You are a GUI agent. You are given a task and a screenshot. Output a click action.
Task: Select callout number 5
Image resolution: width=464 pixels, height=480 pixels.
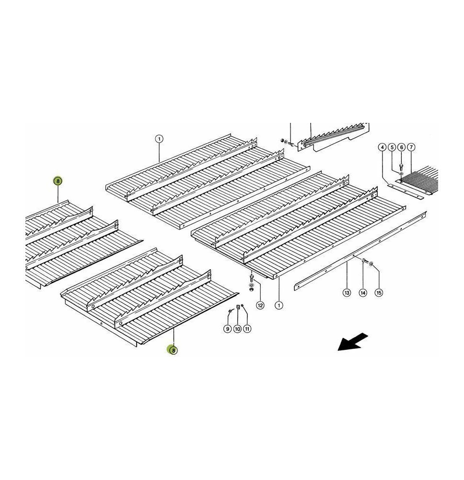point(392,147)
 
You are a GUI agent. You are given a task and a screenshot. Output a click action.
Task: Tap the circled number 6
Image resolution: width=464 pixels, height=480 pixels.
point(402,147)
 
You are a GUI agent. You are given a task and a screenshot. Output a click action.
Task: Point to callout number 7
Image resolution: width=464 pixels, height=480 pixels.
point(411,147)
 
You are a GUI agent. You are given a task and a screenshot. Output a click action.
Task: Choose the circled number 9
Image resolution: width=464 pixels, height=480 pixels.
point(227,329)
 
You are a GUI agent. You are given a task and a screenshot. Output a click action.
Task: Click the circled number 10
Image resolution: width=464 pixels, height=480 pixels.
point(237,329)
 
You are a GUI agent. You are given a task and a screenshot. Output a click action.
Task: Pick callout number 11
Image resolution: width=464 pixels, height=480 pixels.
point(247,329)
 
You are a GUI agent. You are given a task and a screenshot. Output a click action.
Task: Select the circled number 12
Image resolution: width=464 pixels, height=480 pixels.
point(260,305)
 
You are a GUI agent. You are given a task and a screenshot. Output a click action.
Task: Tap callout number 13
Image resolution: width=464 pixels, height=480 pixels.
point(347,293)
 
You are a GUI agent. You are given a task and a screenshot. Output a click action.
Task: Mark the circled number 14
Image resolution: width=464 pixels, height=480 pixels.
point(363,293)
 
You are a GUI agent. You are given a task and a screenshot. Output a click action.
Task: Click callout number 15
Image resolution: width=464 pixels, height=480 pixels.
point(379,293)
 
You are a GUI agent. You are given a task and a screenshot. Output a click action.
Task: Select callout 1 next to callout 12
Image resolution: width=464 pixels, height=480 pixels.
point(278,305)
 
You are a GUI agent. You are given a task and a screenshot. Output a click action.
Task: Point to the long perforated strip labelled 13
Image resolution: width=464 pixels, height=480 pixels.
point(360,251)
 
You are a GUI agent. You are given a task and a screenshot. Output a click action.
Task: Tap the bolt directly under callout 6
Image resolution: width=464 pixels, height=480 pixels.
point(401,167)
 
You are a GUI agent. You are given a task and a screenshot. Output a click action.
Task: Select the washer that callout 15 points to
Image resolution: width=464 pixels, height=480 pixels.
point(371,264)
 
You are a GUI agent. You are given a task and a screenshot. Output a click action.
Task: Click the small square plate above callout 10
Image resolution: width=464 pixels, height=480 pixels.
point(238,307)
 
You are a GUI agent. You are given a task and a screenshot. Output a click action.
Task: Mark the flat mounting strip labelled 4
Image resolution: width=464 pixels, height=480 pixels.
point(406,192)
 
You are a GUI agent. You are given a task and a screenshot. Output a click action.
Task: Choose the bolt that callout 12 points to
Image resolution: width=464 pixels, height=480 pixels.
point(252,278)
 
